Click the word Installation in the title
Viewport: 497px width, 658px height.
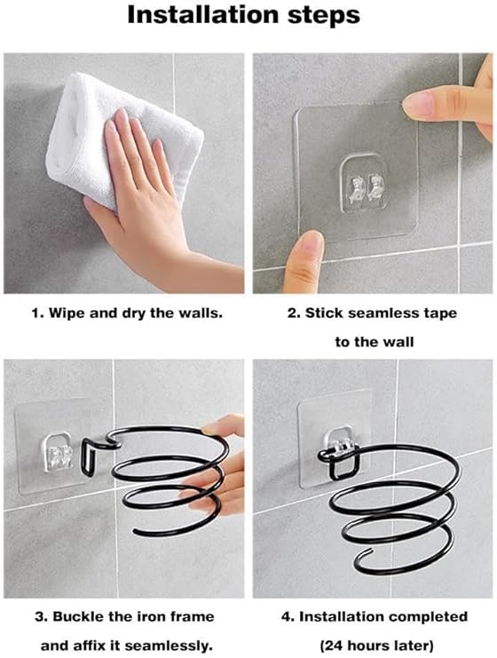[x=203, y=15]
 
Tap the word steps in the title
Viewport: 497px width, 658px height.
[x=323, y=16]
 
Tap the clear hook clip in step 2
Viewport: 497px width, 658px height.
[x=363, y=183]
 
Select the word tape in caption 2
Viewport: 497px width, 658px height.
[x=440, y=314]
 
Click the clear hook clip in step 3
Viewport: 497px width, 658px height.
[x=58, y=451]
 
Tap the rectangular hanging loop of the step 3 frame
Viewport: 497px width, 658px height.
[x=88, y=457]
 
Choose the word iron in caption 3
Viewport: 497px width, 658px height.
[x=153, y=616]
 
